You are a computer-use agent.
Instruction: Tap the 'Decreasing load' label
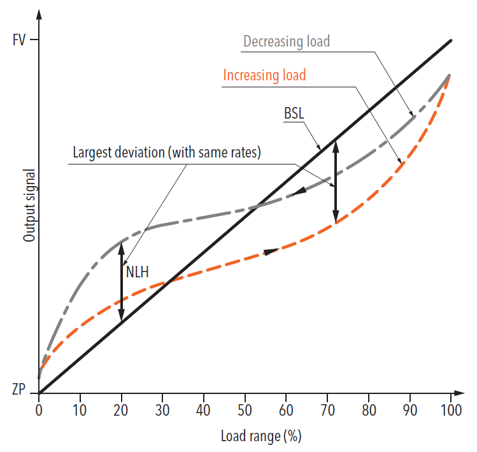286,41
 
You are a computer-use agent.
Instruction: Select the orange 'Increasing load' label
264,75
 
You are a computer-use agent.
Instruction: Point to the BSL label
294,114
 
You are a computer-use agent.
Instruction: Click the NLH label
138,272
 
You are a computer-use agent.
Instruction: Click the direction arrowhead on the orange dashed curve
271,251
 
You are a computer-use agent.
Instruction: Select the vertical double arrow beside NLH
122,281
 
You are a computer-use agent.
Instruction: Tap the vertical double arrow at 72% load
336,181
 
